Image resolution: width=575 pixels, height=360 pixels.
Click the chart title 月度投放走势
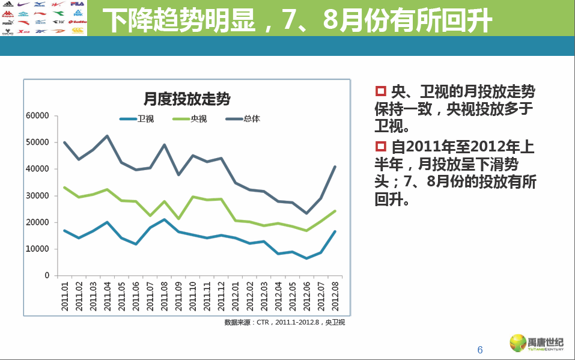tap(186, 98)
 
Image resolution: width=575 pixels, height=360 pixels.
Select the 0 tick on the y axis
tap(46, 275)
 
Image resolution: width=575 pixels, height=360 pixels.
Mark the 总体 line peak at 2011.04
tap(107, 136)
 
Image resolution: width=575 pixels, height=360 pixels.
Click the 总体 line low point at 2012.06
tap(306, 213)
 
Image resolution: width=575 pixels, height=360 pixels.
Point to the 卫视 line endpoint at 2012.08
tap(335, 231)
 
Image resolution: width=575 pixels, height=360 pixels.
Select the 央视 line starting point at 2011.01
tap(64, 188)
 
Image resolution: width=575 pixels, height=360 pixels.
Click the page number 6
tap(479, 350)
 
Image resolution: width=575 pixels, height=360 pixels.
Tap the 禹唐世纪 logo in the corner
tap(537, 343)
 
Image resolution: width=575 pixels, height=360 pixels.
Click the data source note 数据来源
tap(284, 322)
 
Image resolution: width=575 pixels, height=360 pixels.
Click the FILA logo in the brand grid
tap(78, 4)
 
